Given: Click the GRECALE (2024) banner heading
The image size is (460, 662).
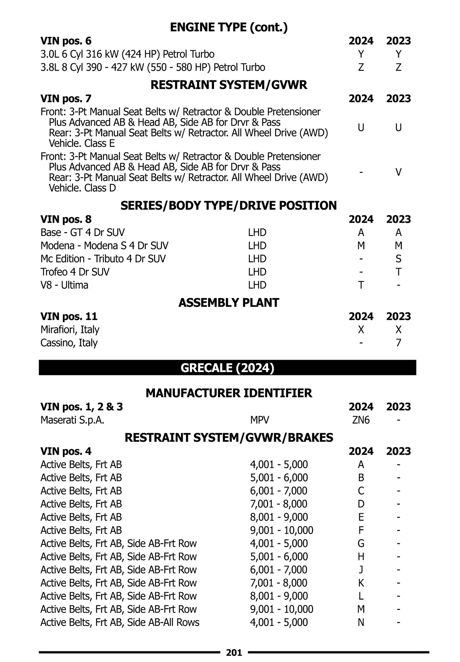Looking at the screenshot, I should tap(227, 368).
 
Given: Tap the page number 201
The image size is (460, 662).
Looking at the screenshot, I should tap(234, 652).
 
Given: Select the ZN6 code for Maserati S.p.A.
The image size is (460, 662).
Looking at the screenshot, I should tap(361, 420).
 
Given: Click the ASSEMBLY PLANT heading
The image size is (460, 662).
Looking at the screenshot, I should tap(228, 303).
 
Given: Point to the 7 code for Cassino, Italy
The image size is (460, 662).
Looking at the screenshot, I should tap(398, 343).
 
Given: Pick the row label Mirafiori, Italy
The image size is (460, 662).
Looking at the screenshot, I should tap(70, 329).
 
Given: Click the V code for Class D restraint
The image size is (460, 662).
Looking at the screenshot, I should tap(398, 172).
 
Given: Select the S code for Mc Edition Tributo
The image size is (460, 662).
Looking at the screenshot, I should tap(398, 259).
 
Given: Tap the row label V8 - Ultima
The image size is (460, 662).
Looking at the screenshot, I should tap(64, 285).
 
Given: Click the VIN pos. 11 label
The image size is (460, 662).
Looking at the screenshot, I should tap(69, 316).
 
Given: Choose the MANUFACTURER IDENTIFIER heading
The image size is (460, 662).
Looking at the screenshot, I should tap(229, 393).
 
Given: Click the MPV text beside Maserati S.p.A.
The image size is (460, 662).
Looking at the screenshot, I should tap(260, 420).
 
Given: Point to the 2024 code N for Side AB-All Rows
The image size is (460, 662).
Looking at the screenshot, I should tap(361, 623).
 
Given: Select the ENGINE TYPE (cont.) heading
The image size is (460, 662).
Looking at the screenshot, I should tap(228, 27).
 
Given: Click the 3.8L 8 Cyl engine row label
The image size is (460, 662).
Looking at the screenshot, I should tap(153, 67).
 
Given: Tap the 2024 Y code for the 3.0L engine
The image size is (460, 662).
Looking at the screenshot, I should tap(361, 54).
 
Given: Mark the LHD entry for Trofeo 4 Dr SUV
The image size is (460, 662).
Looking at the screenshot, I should tap(257, 272).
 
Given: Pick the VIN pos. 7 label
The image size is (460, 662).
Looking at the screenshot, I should tap(66, 99).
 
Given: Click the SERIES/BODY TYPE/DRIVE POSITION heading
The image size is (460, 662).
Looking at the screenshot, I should tap(228, 206).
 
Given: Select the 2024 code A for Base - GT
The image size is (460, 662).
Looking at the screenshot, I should tap(361, 233).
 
